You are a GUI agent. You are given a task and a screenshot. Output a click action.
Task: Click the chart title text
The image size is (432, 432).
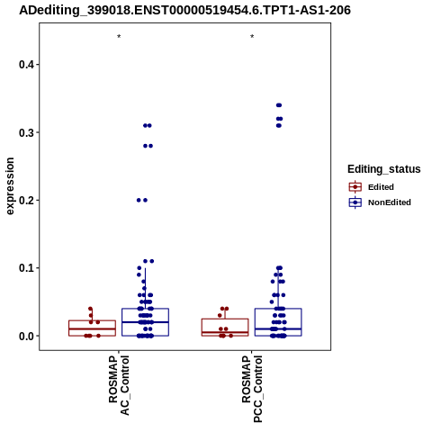click(x=184, y=10)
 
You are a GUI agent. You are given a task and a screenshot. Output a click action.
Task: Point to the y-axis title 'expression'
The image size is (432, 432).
click(x=10, y=186)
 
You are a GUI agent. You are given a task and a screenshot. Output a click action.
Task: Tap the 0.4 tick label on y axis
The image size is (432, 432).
click(x=26, y=65)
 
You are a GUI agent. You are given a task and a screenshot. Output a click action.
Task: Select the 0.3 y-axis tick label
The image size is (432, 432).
click(x=26, y=132)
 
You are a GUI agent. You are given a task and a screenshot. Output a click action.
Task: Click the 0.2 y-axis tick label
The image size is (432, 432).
click(x=26, y=200)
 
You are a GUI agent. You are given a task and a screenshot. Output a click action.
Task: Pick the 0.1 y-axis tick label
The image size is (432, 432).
click(x=26, y=268)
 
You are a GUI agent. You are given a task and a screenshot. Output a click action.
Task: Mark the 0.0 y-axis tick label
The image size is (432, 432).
click(x=26, y=336)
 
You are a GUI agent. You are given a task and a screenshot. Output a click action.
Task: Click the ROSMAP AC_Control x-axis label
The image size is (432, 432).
click(x=119, y=385)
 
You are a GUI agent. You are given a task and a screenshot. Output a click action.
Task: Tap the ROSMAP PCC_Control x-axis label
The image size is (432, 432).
click(x=252, y=389)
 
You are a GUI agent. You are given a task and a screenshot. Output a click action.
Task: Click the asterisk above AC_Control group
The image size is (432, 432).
click(x=119, y=37)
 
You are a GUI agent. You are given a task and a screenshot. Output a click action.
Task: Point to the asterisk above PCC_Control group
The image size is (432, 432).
click(x=252, y=37)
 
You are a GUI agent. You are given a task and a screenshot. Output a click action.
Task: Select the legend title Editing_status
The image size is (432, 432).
click(x=383, y=169)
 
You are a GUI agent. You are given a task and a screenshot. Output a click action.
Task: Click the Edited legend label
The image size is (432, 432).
click(x=381, y=187)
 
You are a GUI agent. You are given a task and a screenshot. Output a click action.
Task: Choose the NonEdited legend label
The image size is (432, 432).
click(x=390, y=202)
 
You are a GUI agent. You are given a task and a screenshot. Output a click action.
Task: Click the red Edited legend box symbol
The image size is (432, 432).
click(x=355, y=187)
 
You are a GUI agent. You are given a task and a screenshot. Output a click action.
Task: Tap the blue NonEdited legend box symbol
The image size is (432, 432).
click(x=355, y=202)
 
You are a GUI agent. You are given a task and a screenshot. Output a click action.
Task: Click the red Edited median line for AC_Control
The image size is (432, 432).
click(x=92, y=328)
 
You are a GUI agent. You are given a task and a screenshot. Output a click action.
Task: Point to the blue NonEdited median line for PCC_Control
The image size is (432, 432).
click(x=278, y=328)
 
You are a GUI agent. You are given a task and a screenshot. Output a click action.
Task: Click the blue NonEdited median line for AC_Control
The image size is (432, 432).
click(x=145, y=322)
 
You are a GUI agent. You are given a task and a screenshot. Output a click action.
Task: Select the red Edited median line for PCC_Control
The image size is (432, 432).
click(x=225, y=332)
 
